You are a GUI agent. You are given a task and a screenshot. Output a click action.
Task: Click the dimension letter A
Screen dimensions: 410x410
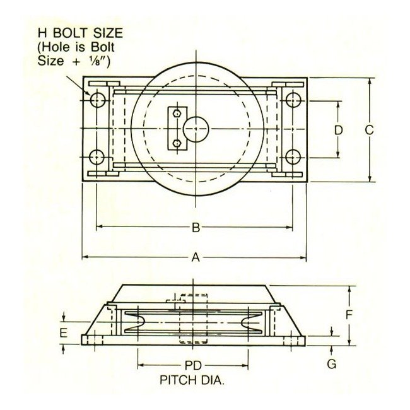pyautogui.click(x=196, y=257)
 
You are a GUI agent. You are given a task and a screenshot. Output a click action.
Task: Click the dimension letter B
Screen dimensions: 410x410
pyautogui.click(x=196, y=227)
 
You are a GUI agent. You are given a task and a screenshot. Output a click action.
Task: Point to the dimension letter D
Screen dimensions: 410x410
pyautogui.click(x=339, y=130)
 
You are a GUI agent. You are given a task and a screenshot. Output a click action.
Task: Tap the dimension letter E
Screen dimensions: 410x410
pyautogui.click(x=64, y=332)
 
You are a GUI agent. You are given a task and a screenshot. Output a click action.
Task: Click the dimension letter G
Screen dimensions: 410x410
pyautogui.click(x=332, y=364)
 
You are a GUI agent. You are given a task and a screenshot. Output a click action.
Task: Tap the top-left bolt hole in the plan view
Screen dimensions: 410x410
pyautogui.click(x=97, y=99)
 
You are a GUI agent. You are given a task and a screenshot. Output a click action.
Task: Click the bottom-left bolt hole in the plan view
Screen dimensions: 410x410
pyautogui.click(x=97, y=157)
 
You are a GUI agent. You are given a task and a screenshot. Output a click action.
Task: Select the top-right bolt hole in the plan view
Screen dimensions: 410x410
pyautogui.click(x=292, y=99)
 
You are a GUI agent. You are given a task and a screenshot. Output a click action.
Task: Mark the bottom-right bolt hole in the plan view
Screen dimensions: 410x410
pyautogui.click(x=292, y=157)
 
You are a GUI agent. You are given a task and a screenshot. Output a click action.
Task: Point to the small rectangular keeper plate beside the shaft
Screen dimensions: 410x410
pyautogui.click(x=177, y=129)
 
